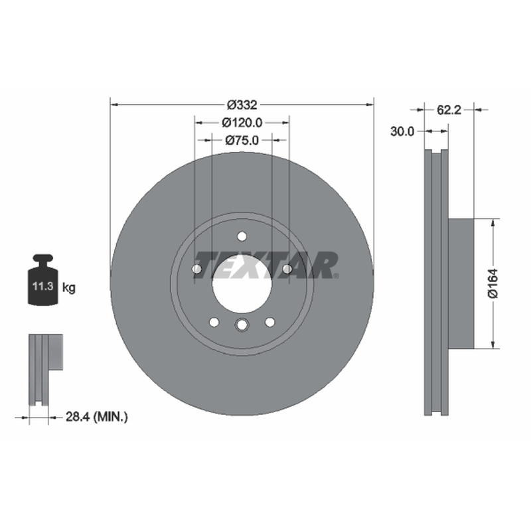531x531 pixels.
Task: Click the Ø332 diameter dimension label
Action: pyautogui.click(x=242, y=105)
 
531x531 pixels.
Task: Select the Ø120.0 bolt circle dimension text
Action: pyautogui.click(x=242, y=123)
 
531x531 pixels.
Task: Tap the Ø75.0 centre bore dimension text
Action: pyautogui.click(x=242, y=140)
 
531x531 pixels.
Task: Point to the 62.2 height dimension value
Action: pyautogui.click(x=449, y=110)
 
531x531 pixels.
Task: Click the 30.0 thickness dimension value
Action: pyautogui.click(x=402, y=131)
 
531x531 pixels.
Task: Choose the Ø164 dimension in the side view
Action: pyautogui.click(x=493, y=283)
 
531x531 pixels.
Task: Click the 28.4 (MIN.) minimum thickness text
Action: pyautogui.click(x=96, y=417)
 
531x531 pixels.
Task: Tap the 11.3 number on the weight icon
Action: pyautogui.click(x=42, y=286)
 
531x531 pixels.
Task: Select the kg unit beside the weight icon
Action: pyautogui.click(x=69, y=288)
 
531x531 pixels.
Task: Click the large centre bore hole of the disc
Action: pyautogui.click(x=242, y=284)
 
